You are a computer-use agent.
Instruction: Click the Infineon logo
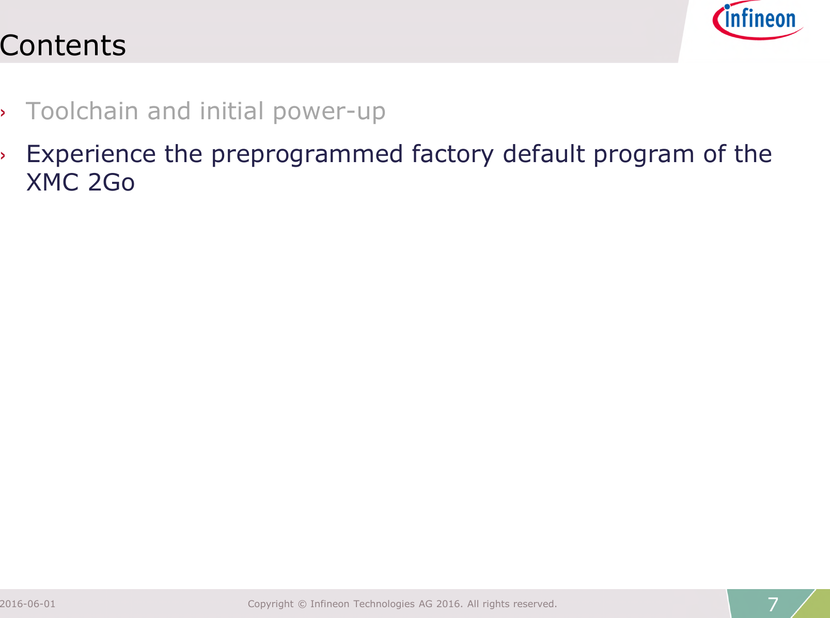(x=757, y=21)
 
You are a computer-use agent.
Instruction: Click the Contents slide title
(x=63, y=45)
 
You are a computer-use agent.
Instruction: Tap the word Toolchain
(x=82, y=111)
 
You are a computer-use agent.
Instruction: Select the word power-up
(x=329, y=112)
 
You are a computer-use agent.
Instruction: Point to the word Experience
(x=91, y=154)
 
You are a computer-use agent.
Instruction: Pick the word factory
(x=452, y=154)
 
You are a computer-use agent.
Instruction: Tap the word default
(x=544, y=154)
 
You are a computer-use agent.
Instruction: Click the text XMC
(x=53, y=183)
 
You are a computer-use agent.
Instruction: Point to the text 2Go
(x=111, y=183)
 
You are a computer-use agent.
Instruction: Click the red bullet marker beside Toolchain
(x=3, y=113)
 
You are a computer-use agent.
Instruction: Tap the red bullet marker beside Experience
(x=3, y=155)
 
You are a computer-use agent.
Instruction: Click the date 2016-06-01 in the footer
(x=28, y=604)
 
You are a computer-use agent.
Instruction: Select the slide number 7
(x=773, y=604)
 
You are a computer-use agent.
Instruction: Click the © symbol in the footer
(x=302, y=604)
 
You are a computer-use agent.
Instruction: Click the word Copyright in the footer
(x=271, y=604)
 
